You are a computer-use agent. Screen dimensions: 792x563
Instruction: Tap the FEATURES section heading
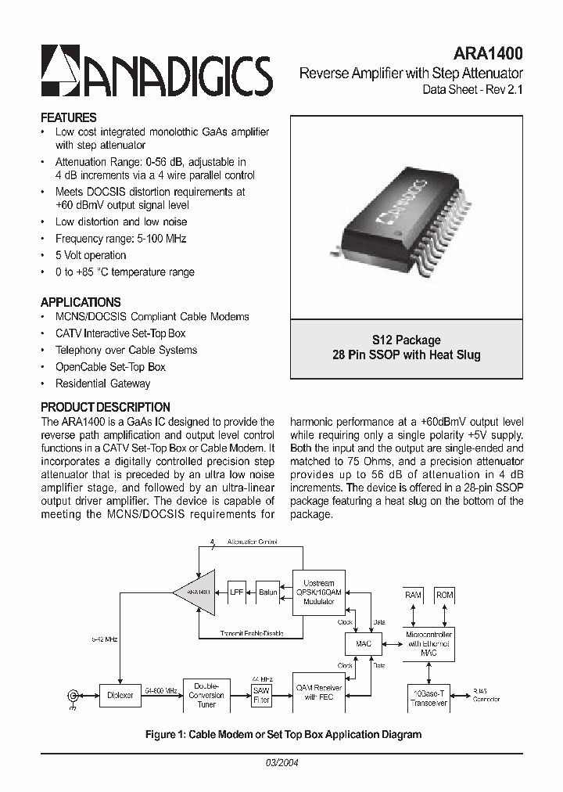click(68, 117)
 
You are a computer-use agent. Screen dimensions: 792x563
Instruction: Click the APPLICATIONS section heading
click(80, 302)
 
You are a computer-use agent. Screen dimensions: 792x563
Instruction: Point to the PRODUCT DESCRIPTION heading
click(105, 407)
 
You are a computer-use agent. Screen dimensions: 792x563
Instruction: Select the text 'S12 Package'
click(406, 340)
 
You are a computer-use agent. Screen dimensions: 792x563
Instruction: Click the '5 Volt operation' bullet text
click(90, 255)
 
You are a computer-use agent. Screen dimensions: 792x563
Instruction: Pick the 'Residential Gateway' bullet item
click(102, 383)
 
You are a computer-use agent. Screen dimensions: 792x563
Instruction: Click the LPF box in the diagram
click(237, 592)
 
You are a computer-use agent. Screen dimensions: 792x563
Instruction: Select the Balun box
click(267, 592)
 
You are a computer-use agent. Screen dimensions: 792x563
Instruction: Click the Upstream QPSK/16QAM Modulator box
click(318, 592)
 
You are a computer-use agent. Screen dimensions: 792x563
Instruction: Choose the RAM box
click(413, 595)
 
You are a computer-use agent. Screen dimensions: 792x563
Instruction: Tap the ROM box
click(444, 595)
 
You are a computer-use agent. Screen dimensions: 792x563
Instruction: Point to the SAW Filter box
click(261, 695)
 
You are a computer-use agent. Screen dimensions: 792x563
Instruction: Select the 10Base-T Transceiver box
click(429, 697)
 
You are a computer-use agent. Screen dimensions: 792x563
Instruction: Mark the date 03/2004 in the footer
click(282, 762)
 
